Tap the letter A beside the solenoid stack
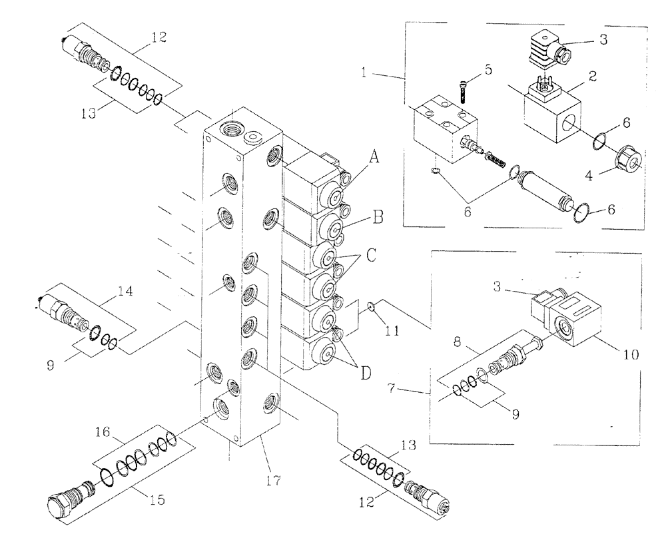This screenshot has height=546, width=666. click(x=375, y=158)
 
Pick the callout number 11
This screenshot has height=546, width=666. click(x=392, y=328)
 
